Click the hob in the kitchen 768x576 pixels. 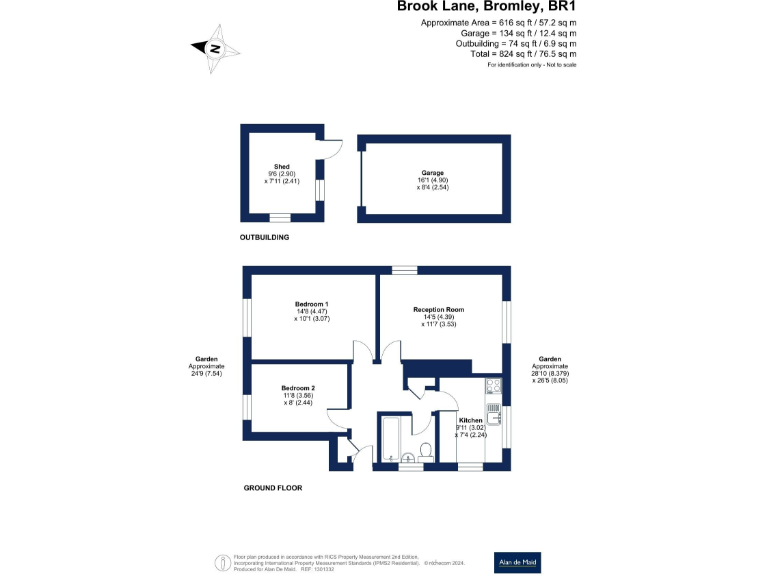pyautogui.click(x=492, y=386)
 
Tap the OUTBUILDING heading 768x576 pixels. pyautogui.click(x=264, y=237)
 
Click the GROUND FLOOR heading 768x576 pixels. pyautogui.click(x=272, y=488)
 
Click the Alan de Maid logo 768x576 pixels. pyautogui.click(x=519, y=563)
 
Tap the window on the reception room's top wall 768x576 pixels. pyautogui.click(x=404, y=268)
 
